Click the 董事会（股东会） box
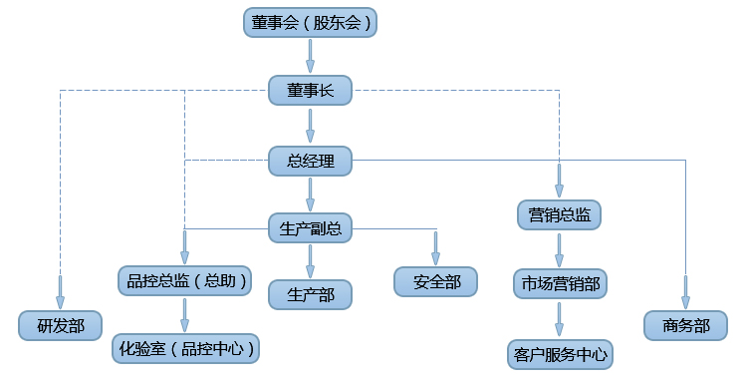click(310, 22)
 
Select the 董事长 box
click(310, 91)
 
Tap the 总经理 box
click(310, 160)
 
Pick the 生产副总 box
click(310, 228)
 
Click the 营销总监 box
click(559, 213)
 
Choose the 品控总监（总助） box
click(184, 281)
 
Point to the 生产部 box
click(310, 294)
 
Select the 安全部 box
click(436, 282)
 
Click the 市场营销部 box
click(559, 283)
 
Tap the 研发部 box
click(60, 325)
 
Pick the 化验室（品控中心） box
click(184, 348)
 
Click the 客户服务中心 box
click(559, 353)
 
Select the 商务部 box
click(685, 325)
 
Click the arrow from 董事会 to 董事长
click(310, 56)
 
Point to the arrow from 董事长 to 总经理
click(310, 125)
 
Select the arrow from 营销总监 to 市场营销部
click(559, 248)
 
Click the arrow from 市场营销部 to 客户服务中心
click(559, 318)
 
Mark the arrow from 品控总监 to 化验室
click(184, 314)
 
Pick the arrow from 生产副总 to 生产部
click(310, 260)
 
